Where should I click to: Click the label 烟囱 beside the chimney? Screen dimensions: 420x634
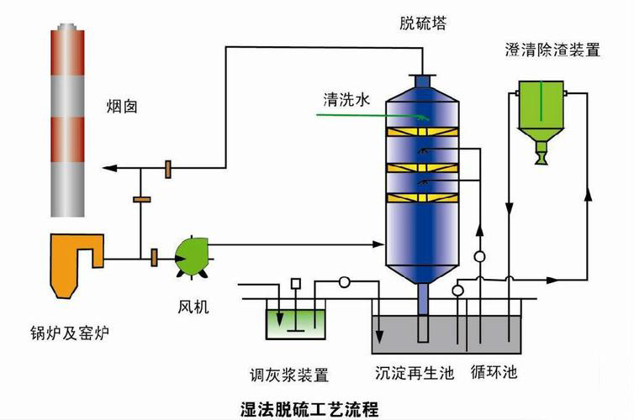pos(122,107)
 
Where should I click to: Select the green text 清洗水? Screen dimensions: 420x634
pos(346,99)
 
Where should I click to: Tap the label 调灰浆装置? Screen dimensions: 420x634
pos(289,374)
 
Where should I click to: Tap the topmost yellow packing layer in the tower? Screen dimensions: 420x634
pos(425,133)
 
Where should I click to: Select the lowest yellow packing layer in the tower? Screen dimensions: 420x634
pos(425,199)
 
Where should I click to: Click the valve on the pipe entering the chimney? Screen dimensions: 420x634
pos(169,169)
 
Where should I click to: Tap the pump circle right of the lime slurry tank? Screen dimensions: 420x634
pos(344,282)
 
